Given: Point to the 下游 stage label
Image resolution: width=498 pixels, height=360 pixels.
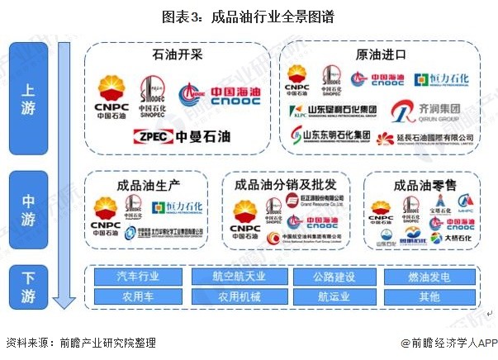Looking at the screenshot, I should click(x=28, y=285).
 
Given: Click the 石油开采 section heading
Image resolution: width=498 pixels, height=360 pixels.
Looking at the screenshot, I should click(x=177, y=56).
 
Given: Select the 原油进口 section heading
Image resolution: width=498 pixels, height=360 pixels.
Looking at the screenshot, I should click(x=381, y=56).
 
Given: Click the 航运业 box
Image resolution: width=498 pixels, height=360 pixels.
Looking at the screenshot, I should click(x=336, y=295).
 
